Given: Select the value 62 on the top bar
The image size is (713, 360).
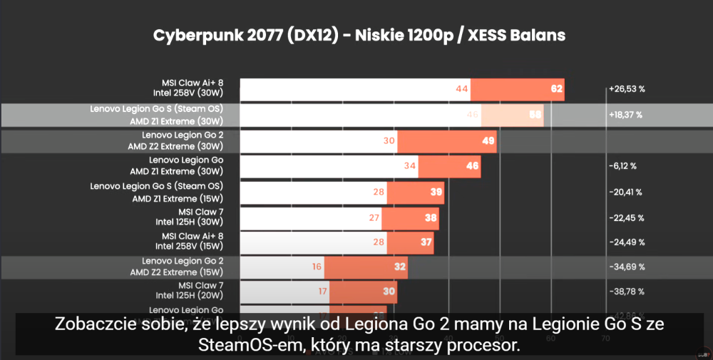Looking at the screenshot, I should (x=556, y=89).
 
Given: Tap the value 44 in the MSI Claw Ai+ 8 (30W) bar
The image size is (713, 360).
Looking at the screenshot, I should (x=461, y=89).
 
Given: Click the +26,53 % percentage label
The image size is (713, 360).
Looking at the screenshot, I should (x=627, y=89).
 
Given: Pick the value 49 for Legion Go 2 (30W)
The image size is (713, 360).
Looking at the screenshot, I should (x=488, y=140).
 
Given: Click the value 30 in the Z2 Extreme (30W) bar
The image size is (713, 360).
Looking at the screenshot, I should (x=389, y=140).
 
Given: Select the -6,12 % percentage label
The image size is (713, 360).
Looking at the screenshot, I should (x=623, y=166).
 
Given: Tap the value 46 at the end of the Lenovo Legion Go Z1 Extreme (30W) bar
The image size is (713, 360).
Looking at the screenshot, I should (x=472, y=166).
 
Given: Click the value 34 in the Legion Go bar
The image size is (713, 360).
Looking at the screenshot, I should (x=409, y=166).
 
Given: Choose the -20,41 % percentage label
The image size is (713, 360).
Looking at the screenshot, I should (x=626, y=192).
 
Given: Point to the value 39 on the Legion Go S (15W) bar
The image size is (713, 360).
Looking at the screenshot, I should (x=436, y=192).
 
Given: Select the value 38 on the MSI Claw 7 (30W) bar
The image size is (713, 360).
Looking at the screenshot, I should (x=431, y=217).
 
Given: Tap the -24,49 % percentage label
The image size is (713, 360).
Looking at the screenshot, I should (x=626, y=242).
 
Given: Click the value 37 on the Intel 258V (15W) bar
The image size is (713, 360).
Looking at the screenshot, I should (x=426, y=242).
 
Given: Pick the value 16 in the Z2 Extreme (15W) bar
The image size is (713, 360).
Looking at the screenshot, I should (x=316, y=267).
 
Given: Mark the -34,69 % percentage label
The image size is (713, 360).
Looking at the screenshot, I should (x=626, y=267).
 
